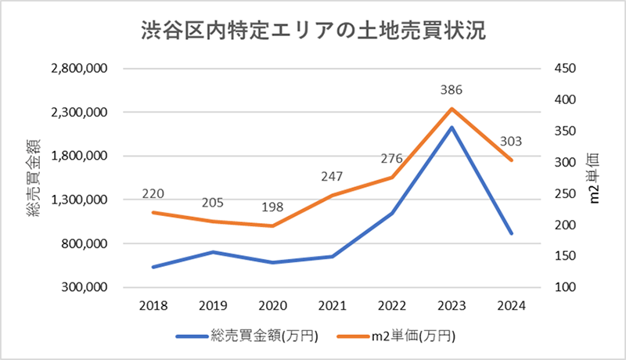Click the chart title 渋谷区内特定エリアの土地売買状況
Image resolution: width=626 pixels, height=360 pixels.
[x=313, y=31]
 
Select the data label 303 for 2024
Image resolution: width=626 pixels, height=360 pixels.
[x=509, y=142]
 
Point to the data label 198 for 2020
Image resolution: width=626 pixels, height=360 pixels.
[x=272, y=207]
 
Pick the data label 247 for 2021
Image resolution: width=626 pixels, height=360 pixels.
[x=332, y=177]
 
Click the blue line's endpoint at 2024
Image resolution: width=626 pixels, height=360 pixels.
[x=511, y=233]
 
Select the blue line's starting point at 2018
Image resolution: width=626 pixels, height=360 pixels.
[x=153, y=267]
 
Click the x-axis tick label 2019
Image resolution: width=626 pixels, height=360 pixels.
[x=213, y=306]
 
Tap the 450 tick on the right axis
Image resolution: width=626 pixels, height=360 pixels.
[x=565, y=69]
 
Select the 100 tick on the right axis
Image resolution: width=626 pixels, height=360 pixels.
[x=565, y=287]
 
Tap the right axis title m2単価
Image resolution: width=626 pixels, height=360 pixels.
[x=594, y=178]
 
